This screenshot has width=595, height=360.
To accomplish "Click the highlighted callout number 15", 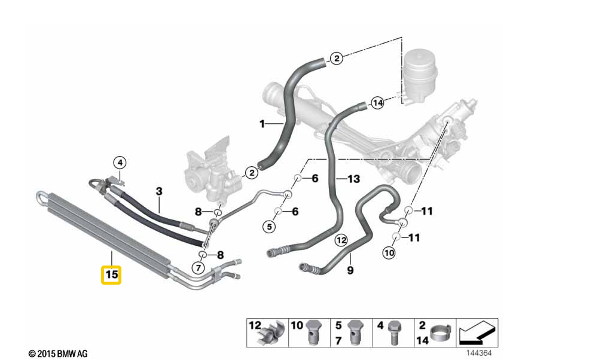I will pos(111,275).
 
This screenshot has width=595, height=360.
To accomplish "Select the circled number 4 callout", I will pos(119,162).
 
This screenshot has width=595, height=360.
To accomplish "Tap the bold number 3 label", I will pos(159,191).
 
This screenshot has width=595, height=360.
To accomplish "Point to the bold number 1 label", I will pos(261,124).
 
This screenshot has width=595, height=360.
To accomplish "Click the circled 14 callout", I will pos(377,103).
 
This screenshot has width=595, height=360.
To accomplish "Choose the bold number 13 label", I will pos(354,178).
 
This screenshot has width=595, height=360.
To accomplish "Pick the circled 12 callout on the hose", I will pos(341,240).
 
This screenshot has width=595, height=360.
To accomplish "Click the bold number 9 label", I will pos(350,270).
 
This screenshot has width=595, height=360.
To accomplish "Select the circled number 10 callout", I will pos(389,253).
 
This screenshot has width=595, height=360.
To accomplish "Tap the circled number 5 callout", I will pos(269,227).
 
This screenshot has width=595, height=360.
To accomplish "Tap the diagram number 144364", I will pos(480,353).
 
